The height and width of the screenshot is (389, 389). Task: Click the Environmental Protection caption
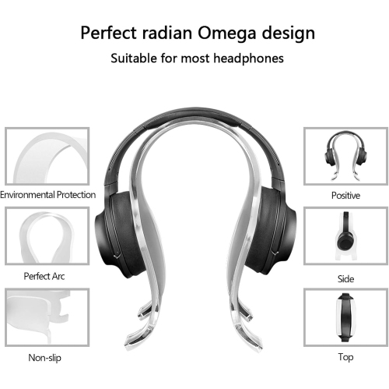[x=47, y=194]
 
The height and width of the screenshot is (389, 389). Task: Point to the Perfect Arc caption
[x=44, y=275]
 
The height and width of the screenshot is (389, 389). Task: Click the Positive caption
[x=345, y=195]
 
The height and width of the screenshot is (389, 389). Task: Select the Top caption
[x=345, y=358]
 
